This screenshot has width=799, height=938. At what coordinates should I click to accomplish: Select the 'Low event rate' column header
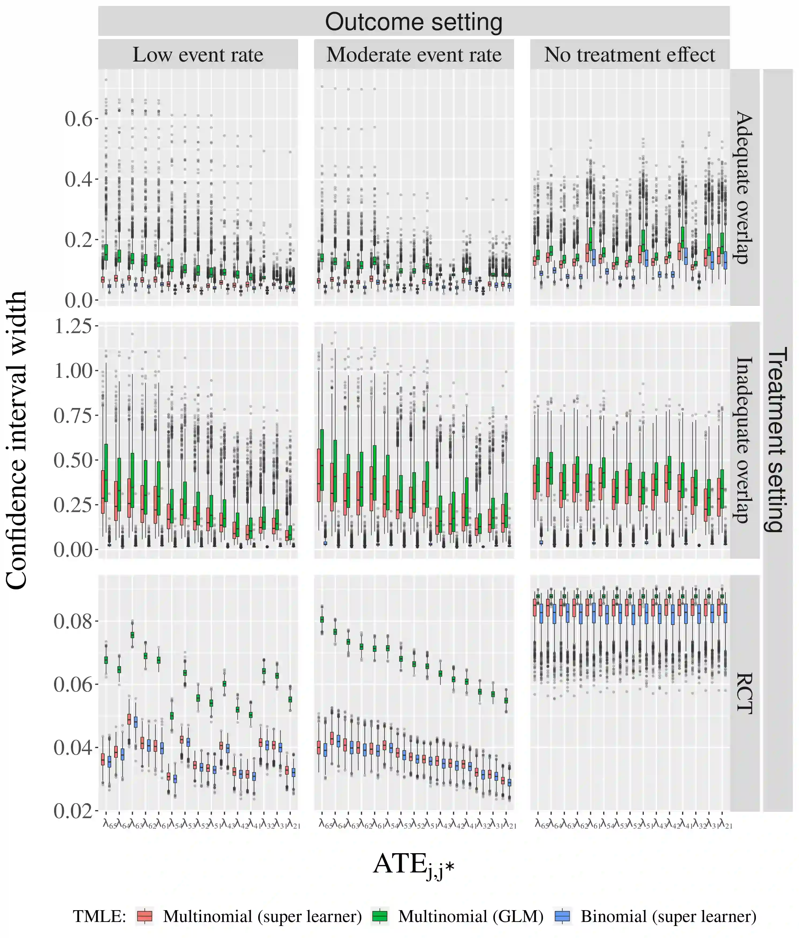(198, 55)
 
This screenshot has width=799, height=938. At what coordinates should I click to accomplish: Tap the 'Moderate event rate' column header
(414, 55)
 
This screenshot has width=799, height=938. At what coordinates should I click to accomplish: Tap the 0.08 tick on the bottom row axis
(72, 621)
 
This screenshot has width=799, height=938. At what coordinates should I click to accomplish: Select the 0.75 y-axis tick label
(72, 415)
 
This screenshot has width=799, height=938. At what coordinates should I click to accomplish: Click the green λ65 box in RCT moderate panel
(322, 619)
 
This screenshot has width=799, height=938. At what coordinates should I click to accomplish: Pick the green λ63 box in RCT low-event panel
(132, 635)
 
